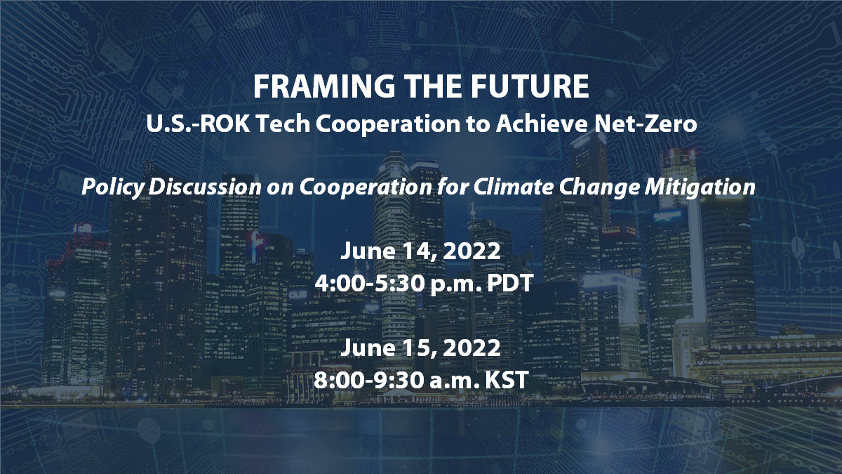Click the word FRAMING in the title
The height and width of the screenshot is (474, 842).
click(324, 86)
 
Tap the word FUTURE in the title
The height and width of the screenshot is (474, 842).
click(529, 86)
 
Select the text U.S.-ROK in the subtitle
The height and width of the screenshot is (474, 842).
click(198, 124)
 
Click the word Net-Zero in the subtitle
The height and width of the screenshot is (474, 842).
click(646, 124)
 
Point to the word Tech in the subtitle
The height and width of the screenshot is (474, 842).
click(283, 124)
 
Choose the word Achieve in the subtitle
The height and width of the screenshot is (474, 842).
click(542, 124)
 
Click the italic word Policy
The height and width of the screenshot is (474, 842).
click(113, 187)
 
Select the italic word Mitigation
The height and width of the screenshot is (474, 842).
click(700, 187)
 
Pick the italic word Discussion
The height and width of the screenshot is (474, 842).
click(205, 187)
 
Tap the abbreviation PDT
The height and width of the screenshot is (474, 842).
click(510, 283)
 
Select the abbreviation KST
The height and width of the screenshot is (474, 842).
click(507, 380)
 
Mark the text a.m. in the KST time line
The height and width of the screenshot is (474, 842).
click(454, 381)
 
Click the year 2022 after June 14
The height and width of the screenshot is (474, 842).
click(472, 251)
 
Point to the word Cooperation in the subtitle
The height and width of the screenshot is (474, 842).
click(388, 124)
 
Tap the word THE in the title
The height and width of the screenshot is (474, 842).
click(433, 86)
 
